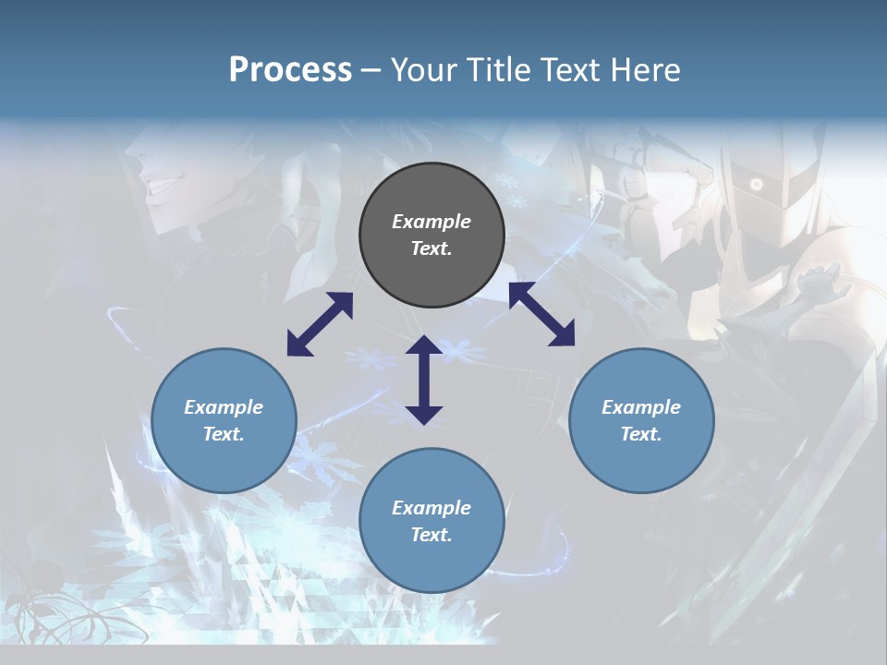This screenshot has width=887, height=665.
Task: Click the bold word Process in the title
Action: [x=290, y=70]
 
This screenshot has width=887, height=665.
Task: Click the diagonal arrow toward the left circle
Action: [x=320, y=324]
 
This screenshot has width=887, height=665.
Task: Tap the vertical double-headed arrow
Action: [x=424, y=380]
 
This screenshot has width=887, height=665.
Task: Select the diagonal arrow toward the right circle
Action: [x=542, y=314]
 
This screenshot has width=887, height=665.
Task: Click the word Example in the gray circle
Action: [x=431, y=222]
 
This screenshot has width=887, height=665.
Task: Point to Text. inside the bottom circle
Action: [x=431, y=535]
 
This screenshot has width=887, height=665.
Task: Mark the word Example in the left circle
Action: [x=224, y=407]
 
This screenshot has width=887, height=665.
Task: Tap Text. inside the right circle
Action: [x=641, y=434]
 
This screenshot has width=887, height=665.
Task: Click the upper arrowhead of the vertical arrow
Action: [x=424, y=345]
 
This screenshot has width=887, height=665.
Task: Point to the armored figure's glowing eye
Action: [x=757, y=185]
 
